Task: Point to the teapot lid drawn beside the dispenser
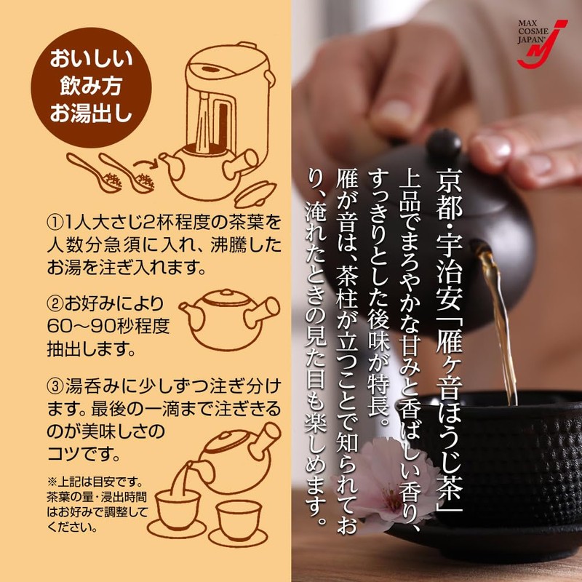click(x=252, y=191)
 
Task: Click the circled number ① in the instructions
click(x=56, y=220)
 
